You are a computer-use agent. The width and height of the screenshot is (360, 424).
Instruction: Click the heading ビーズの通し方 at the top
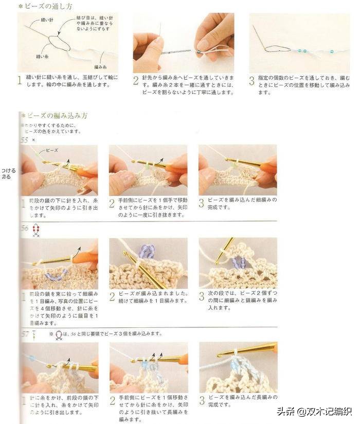[x=47, y=6]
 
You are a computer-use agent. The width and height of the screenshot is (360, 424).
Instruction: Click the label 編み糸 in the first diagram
[x=100, y=67]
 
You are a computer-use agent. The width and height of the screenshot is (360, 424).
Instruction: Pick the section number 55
[x=24, y=140]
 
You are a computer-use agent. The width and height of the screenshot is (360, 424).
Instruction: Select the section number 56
[x=24, y=228]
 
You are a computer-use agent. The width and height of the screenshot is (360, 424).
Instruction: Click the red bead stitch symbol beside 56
[x=36, y=230]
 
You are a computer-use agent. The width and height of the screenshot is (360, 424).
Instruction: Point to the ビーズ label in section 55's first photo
[x=52, y=151]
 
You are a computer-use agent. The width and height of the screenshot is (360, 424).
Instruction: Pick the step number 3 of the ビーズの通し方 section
[x=251, y=80]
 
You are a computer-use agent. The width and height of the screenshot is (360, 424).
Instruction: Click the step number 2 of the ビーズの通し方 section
[x=136, y=80]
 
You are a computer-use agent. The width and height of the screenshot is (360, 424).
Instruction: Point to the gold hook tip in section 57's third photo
[x=220, y=354]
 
